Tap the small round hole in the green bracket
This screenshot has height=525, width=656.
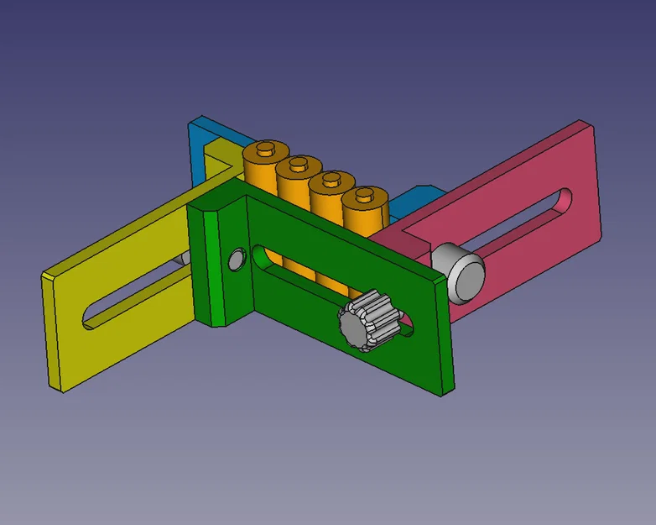coord(236,260)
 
